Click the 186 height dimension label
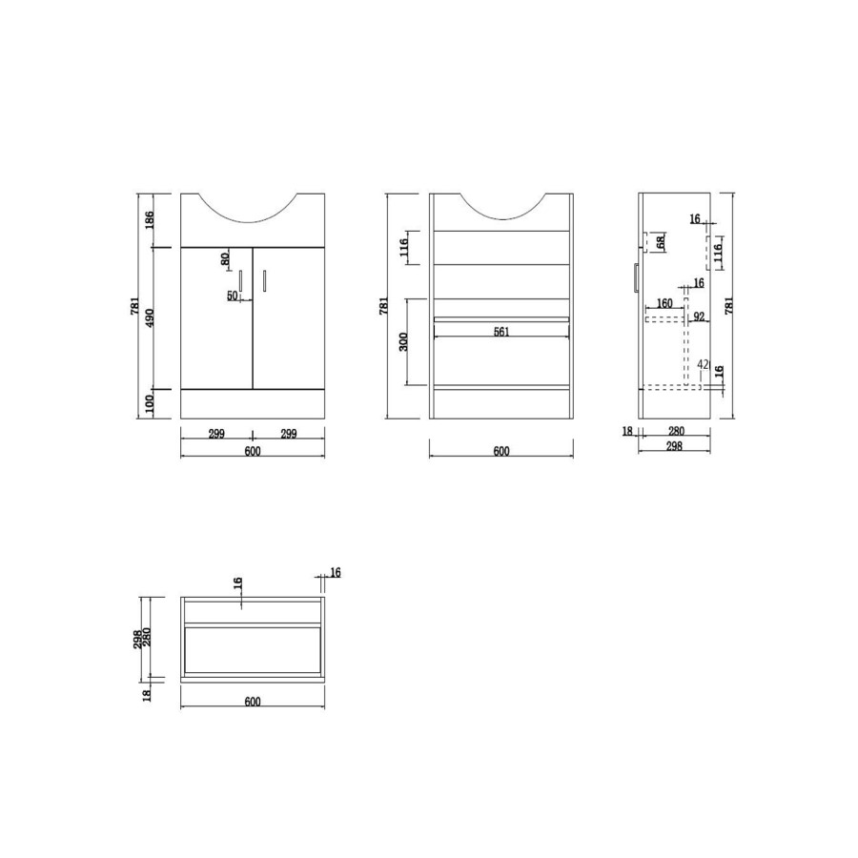[148, 220]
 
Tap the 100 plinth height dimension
[148, 403]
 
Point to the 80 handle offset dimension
[225, 258]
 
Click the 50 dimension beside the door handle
[232, 296]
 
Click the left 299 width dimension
[216, 434]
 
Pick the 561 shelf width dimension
[501, 332]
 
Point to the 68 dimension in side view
[660, 243]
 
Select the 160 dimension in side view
[664, 305]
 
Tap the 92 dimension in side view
[699, 317]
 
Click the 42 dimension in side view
[703, 364]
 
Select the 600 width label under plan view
[253, 702]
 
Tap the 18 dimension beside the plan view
[148, 695]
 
